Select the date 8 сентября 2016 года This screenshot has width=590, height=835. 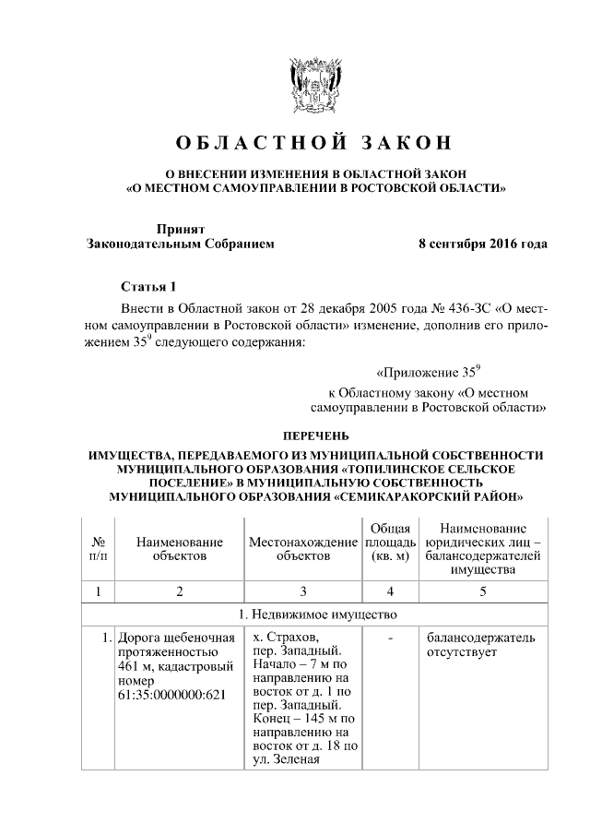[482, 245]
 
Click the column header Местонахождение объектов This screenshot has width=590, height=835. [302, 548]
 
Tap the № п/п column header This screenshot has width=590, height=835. [97, 548]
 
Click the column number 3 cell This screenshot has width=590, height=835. [302, 590]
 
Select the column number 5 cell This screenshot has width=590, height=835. [482, 590]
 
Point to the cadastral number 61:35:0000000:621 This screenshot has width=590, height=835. [171, 695]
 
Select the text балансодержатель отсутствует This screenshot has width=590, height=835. [479, 646]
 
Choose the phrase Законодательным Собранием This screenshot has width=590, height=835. [180, 245]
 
